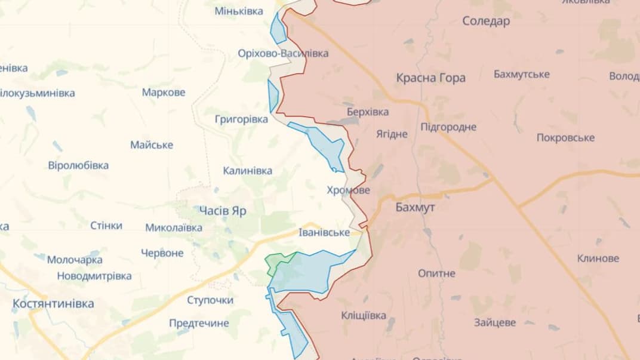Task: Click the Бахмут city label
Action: pyautogui.click(x=415, y=207)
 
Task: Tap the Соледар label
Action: pyautogui.click(x=486, y=21)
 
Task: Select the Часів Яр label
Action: pyautogui.click(x=222, y=211)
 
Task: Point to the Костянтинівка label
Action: pyautogui.click(x=53, y=303)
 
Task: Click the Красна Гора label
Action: pyautogui.click(x=430, y=78)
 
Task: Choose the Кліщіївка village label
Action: pyautogui.click(x=364, y=315)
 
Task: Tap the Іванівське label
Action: pyautogui.click(x=324, y=232)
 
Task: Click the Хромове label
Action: pyautogui.click(x=348, y=190)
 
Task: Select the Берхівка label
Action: pyautogui.click(x=367, y=112)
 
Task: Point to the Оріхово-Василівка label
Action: pyautogui.click(x=283, y=53)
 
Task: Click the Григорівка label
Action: pyautogui.click(x=241, y=119)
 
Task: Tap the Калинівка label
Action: pyautogui.click(x=247, y=171)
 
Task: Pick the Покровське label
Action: pyautogui.click(x=565, y=137)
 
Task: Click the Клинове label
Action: pyautogui.click(x=598, y=259)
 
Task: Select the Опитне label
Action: pyautogui.click(x=436, y=273)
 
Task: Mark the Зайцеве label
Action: pyautogui.click(x=495, y=322)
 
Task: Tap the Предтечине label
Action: pyautogui.click(x=199, y=323)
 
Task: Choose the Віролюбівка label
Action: pyautogui.click(x=78, y=165)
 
